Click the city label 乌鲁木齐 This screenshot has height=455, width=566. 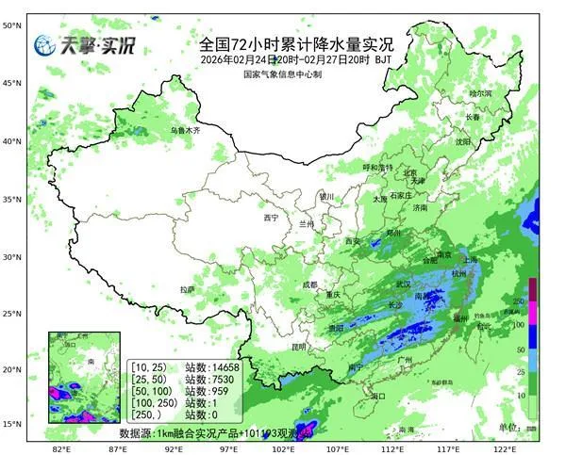coord(186,130)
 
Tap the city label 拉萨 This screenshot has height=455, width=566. coord(187,289)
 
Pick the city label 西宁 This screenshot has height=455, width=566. coord(271,218)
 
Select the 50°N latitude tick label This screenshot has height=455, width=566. coord(11,25)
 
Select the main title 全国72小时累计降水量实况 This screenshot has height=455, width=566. coord(296,43)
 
